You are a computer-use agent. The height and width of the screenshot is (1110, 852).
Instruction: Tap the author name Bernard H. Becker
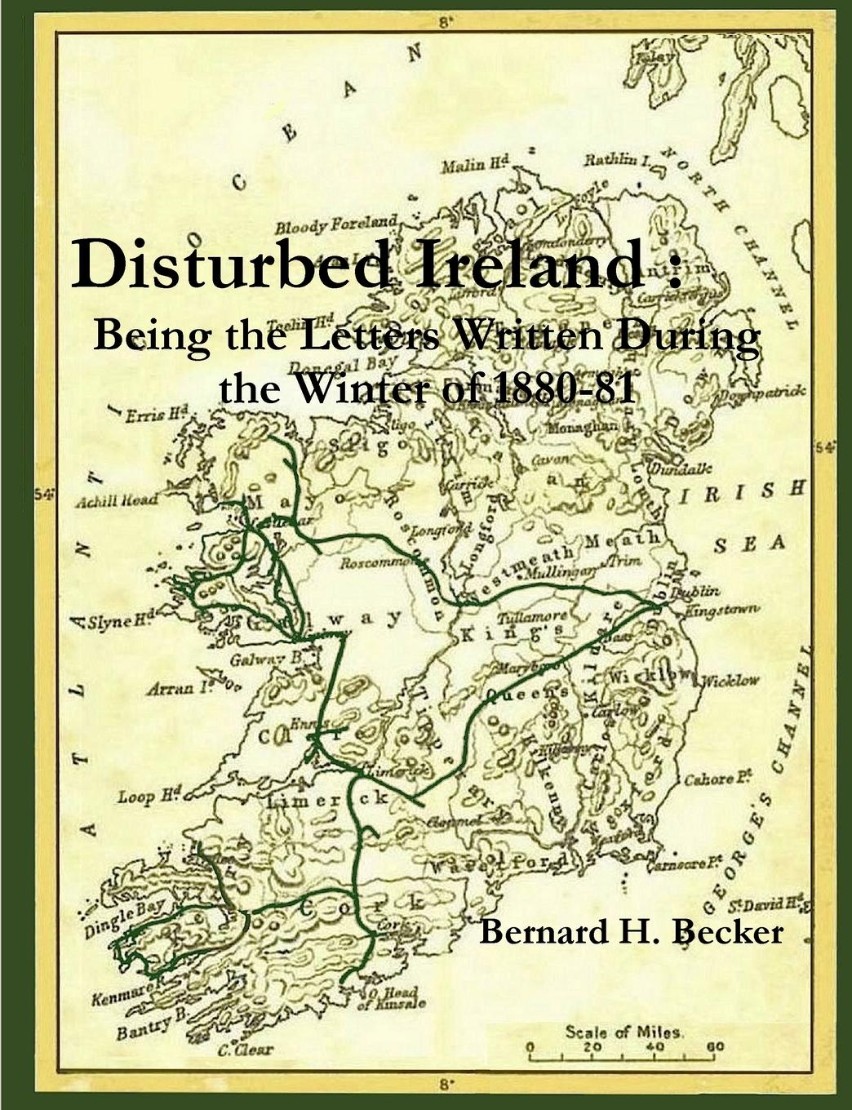[x=630, y=930]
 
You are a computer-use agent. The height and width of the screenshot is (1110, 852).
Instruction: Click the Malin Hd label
[x=475, y=166]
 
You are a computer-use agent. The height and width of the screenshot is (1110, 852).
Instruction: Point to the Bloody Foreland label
[x=335, y=225]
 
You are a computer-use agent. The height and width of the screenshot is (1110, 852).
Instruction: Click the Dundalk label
[x=680, y=468]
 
